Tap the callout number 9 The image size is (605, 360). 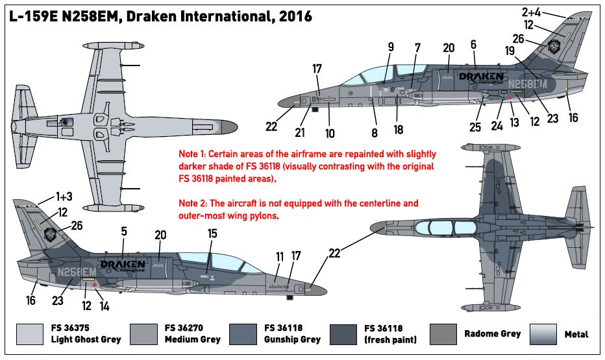click(391, 47)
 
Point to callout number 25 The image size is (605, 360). click(475, 127)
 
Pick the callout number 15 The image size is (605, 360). click(212, 233)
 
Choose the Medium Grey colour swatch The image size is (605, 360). click(144, 333)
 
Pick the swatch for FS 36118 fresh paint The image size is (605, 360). click(345, 333)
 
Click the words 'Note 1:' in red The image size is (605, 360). click(194, 155)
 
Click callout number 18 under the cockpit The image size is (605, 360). click(398, 130)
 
